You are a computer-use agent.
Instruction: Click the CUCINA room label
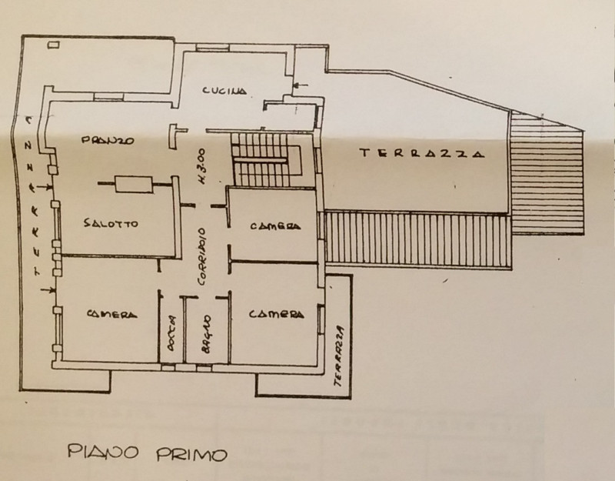click(224, 91)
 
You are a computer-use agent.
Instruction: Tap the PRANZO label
click(108, 141)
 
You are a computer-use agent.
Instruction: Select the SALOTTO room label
click(110, 224)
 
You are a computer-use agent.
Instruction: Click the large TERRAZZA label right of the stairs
click(423, 153)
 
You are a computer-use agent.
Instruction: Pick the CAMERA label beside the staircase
click(274, 226)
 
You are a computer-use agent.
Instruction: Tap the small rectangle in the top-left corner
click(53, 45)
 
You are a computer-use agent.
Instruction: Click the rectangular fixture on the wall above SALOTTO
click(134, 184)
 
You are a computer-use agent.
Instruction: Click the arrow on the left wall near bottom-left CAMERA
click(46, 289)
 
